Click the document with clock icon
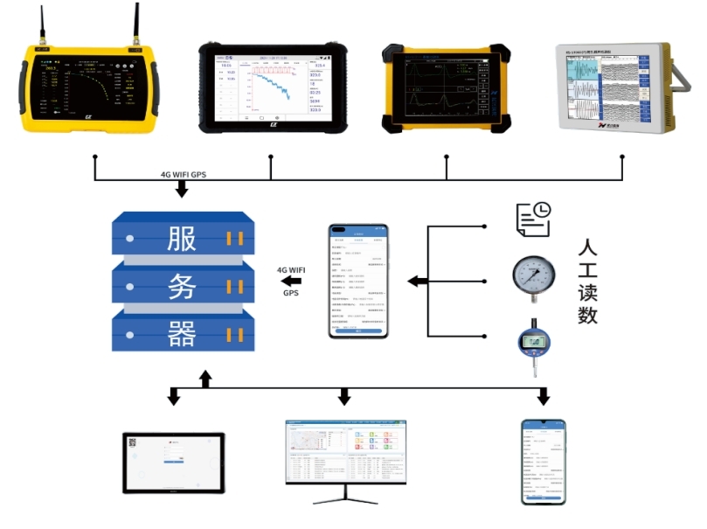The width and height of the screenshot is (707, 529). (x=533, y=219)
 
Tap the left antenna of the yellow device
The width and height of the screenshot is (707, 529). (x=41, y=26)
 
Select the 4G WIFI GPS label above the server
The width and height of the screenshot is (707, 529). (x=184, y=174)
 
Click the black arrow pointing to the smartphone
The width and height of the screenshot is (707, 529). (x=417, y=282)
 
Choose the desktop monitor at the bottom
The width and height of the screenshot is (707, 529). (x=344, y=455)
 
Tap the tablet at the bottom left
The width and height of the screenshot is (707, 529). (x=173, y=462)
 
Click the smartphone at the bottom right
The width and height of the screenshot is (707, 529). (x=543, y=462)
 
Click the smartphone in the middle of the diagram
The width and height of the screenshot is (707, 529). (x=357, y=281)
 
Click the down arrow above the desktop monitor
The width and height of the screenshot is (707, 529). (x=344, y=397)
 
